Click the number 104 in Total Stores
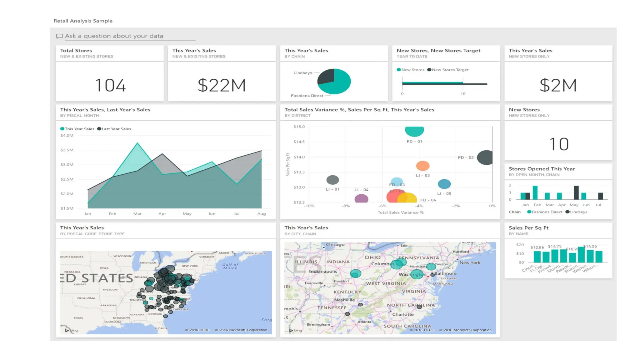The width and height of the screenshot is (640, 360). (110, 85)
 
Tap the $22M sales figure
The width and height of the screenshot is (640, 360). (222, 85)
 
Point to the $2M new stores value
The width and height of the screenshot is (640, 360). (558, 85)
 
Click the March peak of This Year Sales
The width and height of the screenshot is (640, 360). (137, 143)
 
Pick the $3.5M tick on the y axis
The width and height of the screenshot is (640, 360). (67, 150)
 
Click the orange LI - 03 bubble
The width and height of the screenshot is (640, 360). (422, 166)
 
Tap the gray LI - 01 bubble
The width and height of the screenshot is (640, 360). (332, 180)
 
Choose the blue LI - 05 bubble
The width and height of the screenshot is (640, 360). (444, 184)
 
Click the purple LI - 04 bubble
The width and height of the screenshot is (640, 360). (361, 199)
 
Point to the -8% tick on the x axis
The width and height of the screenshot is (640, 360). (346, 206)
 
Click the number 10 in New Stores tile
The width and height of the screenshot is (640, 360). (559, 144)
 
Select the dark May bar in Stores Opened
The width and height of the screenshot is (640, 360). (576, 193)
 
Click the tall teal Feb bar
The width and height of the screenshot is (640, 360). (535, 193)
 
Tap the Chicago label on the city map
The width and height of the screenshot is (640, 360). (335, 245)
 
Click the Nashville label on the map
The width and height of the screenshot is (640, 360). (344, 300)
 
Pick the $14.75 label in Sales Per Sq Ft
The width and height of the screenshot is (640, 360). (554, 246)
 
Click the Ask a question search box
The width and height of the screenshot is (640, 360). (125, 36)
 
